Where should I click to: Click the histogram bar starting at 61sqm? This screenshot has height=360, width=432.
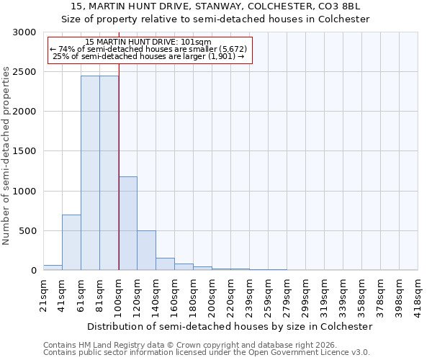[90, 173]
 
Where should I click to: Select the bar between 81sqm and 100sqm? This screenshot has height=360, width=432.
[109, 173]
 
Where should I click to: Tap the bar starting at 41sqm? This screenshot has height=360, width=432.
[71, 242]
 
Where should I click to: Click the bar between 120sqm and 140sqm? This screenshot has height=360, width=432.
[146, 250]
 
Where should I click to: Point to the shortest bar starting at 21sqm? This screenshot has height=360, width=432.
[53, 267]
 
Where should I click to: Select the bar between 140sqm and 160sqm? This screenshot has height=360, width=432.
[165, 264]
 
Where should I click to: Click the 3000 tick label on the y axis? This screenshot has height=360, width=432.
[24, 32]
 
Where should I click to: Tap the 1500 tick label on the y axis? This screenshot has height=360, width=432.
[24, 151]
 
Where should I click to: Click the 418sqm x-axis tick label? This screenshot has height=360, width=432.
[418, 294]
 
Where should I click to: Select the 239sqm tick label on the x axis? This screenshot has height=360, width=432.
[250, 294]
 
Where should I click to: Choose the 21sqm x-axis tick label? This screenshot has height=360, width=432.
[44, 293]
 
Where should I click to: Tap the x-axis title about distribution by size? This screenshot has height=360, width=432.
[230, 326]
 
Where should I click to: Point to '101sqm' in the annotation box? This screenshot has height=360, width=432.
[196, 42]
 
